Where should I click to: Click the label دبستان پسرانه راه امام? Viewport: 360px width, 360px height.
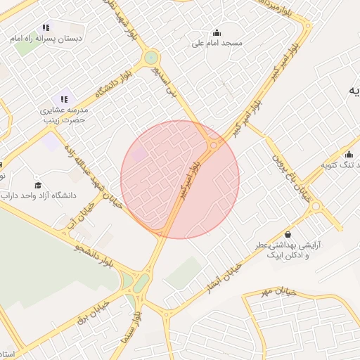[46, 39]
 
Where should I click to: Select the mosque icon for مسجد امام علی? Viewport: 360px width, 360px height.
[217, 32]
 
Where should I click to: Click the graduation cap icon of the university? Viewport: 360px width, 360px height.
[38, 185]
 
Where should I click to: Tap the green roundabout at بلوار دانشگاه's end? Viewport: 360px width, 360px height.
[151, 58]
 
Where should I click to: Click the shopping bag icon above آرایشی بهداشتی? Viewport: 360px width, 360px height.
[288, 234]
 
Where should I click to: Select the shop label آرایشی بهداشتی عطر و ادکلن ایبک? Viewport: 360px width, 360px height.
[288, 250]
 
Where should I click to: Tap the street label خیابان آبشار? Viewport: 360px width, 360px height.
[224, 278]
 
